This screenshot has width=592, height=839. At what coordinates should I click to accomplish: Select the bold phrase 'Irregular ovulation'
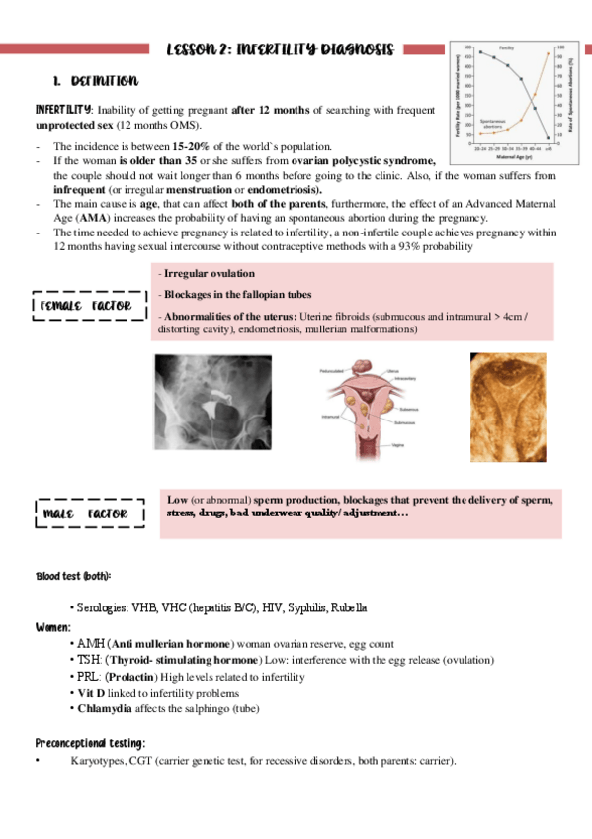click(x=209, y=273)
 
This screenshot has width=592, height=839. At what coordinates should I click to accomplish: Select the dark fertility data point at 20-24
click(x=481, y=51)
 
